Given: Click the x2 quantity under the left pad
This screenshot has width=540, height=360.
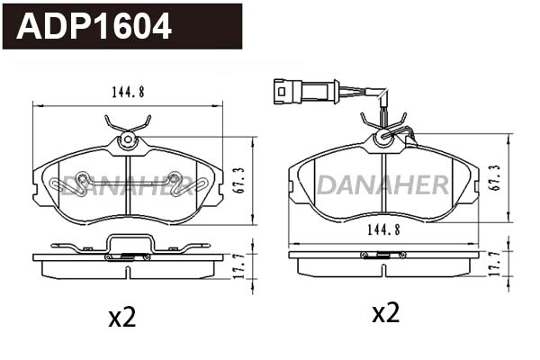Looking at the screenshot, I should click(121, 317).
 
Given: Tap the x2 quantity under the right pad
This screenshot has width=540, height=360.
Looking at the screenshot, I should click(385, 312).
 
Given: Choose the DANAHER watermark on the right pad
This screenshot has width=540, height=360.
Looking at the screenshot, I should click(382, 185).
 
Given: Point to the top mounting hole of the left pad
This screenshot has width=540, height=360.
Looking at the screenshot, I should click(127, 139).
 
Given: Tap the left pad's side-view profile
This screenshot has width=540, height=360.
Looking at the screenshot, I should click(127, 257).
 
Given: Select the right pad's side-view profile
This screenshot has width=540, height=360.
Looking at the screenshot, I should click(383, 256).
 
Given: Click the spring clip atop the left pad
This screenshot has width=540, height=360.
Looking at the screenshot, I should click(126, 122).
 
